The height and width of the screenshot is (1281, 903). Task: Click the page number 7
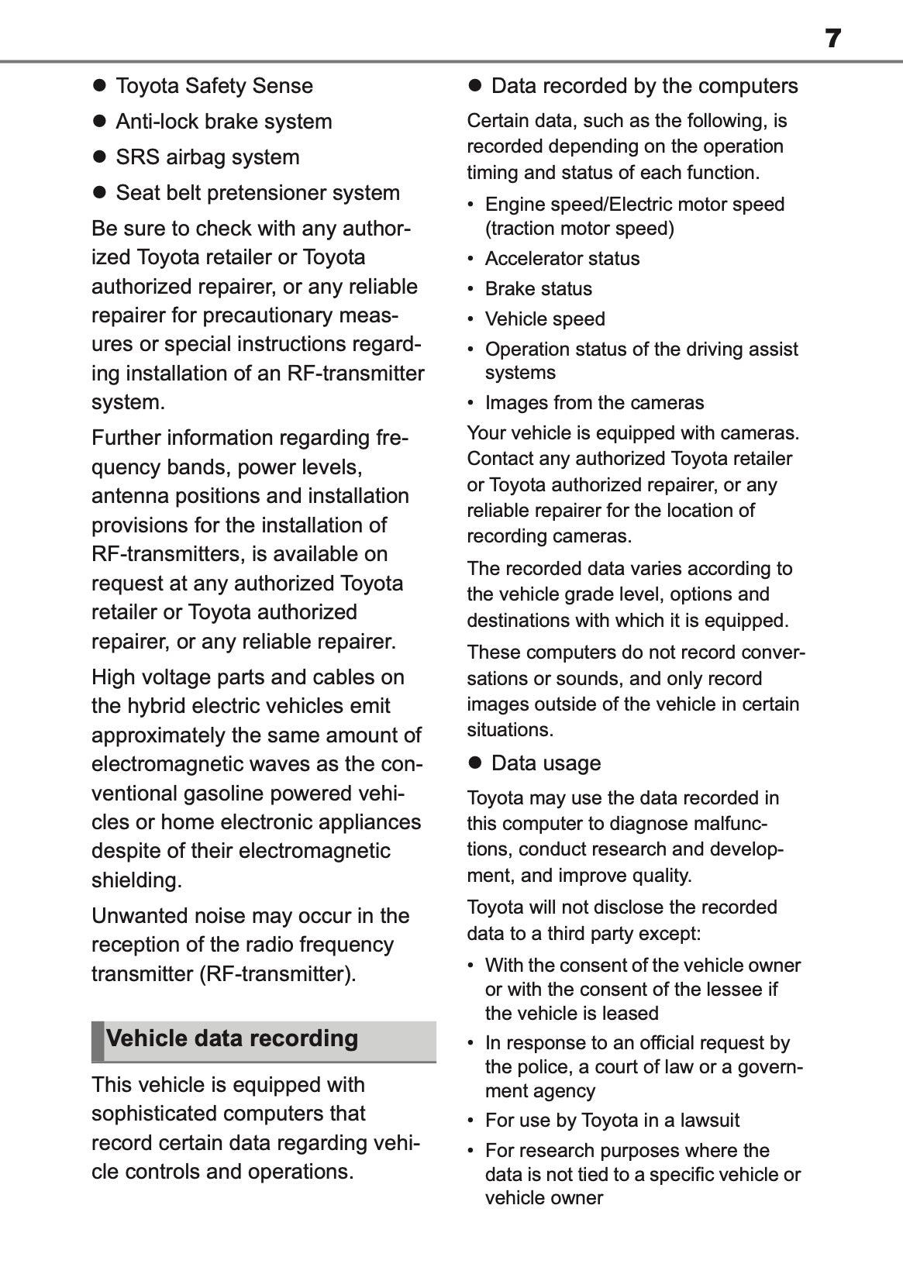pos(832,38)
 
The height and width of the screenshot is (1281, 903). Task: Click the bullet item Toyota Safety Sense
pos(214,86)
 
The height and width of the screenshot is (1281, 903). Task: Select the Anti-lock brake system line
pos(223,122)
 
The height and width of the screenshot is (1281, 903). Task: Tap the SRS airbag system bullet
pos(207,157)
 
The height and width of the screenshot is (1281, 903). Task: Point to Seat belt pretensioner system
pos(257,193)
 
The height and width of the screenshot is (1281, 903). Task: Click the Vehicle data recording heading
pos(232,1038)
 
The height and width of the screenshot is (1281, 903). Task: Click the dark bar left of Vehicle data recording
pos(97,1041)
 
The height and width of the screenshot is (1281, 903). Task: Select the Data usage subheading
pos(546,763)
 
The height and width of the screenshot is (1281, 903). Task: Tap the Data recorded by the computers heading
pos(644,86)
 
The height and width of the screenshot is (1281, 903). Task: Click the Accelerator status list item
pos(562,259)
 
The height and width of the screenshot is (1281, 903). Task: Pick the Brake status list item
pos(538,289)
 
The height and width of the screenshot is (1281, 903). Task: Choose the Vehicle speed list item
pos(545,319)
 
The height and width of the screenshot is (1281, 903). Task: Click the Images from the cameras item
pos(594,403)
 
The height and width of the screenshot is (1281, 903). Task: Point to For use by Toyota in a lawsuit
pos(612,1121)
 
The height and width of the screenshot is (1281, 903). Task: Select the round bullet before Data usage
pos(475,763)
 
